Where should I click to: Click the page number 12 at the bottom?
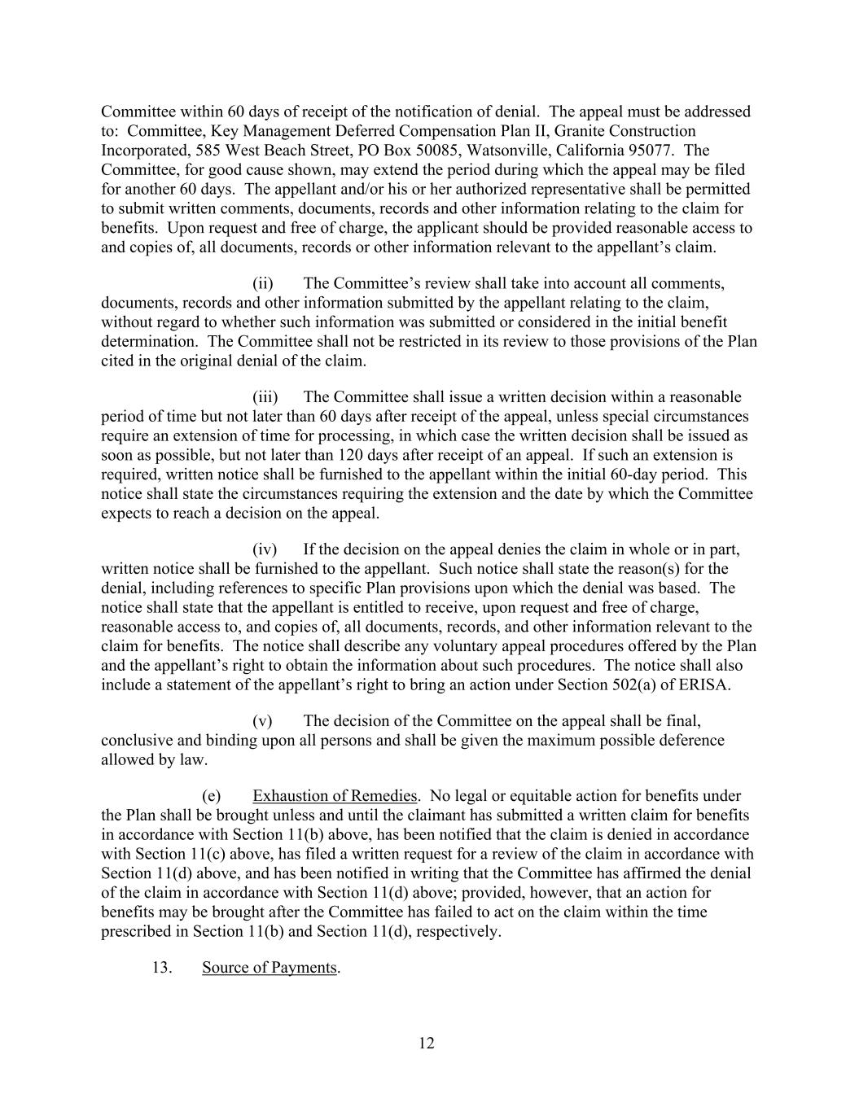pos(427,1043)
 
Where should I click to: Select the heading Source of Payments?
pos(270,967)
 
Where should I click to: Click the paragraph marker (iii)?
pos(265,396)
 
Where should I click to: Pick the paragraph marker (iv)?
pos(265,549)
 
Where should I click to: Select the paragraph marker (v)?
pos(262,720)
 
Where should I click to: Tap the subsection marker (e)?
pos(211,795)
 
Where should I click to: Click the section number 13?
pos(161,967)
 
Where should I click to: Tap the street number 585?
pos(209,151)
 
